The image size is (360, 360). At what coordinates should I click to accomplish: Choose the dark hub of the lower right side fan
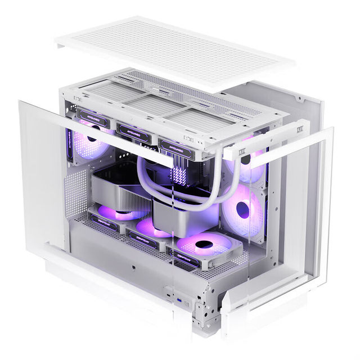tap(243, 210)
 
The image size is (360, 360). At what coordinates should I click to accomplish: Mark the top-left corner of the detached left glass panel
tap(20, 102)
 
